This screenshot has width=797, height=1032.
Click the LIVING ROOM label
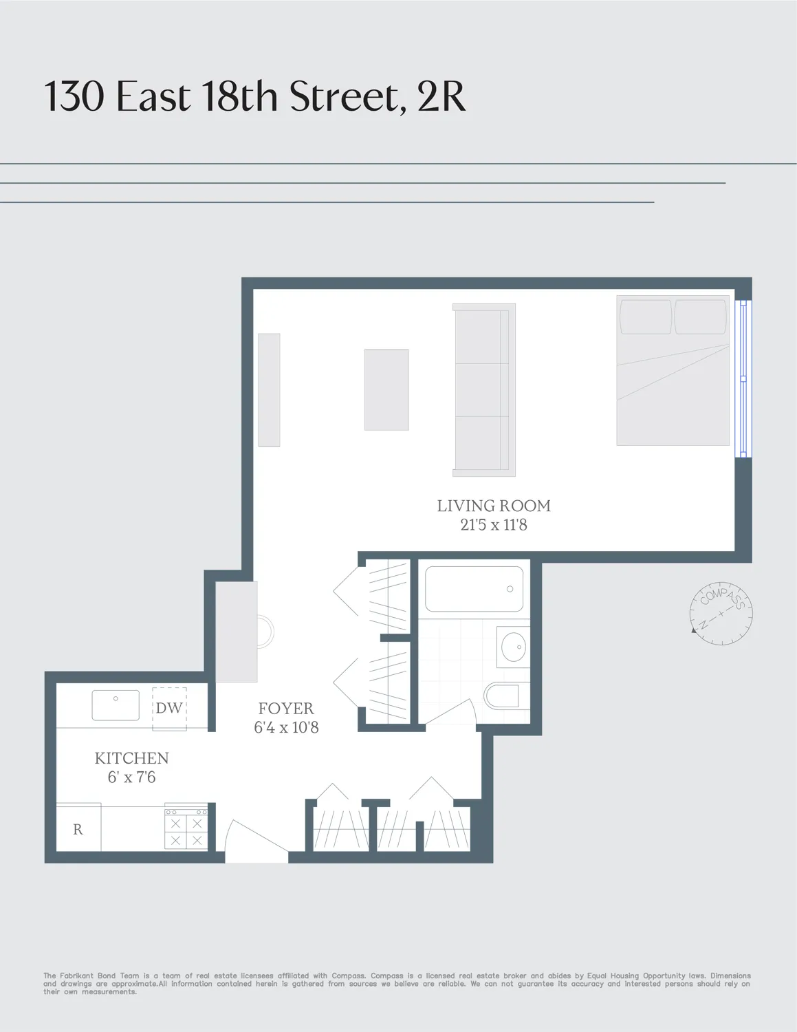point(494,506)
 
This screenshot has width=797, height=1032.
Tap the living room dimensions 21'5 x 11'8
point(494,525)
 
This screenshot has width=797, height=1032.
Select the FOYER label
point(286,709)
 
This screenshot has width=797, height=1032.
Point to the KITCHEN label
point(131,758)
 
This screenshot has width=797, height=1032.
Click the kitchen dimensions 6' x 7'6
point(131,777)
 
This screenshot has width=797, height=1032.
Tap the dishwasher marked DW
point(169,708)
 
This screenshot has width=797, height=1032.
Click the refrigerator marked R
point(78,829)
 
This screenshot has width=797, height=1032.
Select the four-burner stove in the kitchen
point(186,830)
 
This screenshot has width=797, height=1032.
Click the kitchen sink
point(116,705)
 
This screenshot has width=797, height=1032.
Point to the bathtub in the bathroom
point(474,589)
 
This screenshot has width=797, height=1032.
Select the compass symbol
point(721,613)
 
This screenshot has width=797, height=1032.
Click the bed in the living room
point(673,370)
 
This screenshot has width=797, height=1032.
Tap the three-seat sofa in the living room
point(484,390)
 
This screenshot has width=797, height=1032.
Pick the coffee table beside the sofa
point(386,390)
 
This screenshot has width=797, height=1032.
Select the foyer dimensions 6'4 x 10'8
point(286,728)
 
